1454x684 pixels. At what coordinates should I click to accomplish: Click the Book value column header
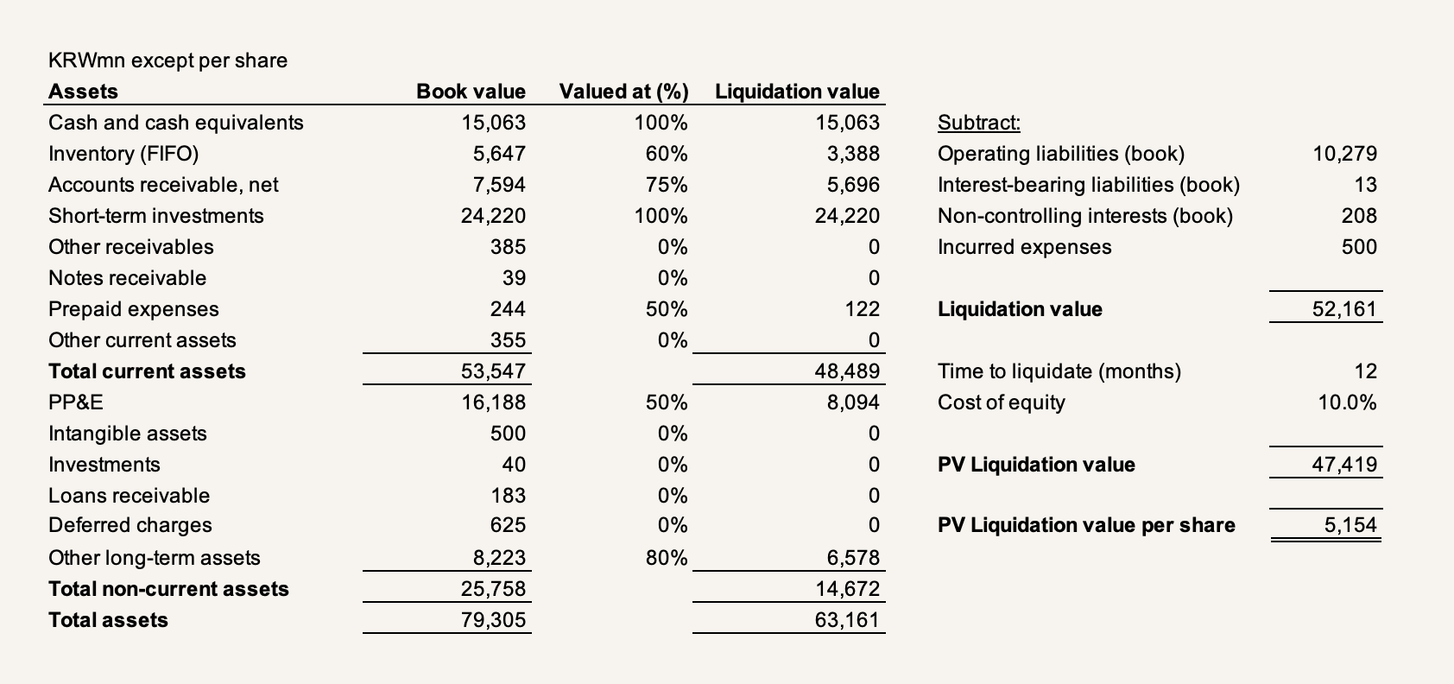coord(471,92)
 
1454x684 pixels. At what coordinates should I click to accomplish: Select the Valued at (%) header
coord(623,92)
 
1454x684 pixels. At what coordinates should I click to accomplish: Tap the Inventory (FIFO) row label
coord(123,154)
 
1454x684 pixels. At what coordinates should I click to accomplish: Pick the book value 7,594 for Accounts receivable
coord(498,185)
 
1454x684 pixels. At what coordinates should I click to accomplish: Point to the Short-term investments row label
coord(155,216)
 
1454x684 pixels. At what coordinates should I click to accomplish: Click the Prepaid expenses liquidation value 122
coord(862,309)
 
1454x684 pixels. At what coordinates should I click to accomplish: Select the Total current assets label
coord(147,371)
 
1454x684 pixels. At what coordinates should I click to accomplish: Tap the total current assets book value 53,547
coord(493,371)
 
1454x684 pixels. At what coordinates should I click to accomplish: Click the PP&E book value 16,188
coord(493,402)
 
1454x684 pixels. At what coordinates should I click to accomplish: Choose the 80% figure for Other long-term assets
coord(666,558)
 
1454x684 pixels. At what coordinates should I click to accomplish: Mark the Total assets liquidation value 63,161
coord(847,620)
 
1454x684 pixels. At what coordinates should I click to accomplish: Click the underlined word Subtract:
coord(979,123)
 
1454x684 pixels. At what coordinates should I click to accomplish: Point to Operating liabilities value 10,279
coord(1344,154)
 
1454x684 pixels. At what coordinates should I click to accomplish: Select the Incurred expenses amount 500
coord(1359,247)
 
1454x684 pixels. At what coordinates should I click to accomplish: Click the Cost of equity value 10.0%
coord(1347,402)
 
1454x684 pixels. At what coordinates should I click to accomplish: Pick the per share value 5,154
coord(1350,525)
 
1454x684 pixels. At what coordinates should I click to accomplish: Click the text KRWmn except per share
coord(168,60)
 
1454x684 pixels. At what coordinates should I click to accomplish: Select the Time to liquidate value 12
coord(1365,371)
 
